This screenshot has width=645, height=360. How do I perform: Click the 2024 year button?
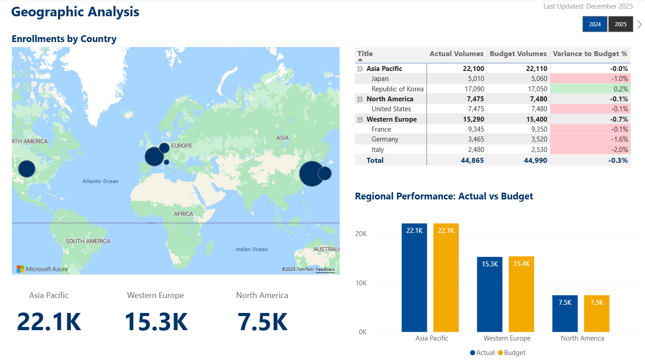[x=595, y=24]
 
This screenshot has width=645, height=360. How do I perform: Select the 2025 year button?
[x=621, y=24]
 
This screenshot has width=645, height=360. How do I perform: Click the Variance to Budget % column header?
[x=590, y=54]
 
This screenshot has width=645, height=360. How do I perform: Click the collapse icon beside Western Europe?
[x=360, y=119]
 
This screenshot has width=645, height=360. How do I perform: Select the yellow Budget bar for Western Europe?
[x=521, y=294]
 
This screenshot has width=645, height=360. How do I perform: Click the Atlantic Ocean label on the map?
[x=100, y=181]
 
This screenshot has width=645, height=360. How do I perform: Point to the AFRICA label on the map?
[x=184, y=214]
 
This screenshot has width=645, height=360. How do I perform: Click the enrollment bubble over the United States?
[x=26, y=169]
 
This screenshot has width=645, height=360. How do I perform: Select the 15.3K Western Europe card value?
[x=156, y=322]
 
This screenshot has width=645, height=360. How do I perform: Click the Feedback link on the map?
[x=325, y=270]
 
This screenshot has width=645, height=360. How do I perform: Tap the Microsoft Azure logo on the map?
[x=42, y=269]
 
